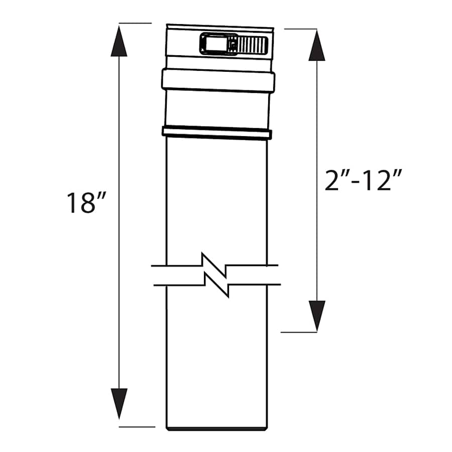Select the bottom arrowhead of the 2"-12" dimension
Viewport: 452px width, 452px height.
point(316,315)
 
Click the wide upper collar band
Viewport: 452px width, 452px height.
point(218,80)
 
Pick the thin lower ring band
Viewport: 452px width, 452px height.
point(217,133)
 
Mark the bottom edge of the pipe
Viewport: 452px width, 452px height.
point(216,428)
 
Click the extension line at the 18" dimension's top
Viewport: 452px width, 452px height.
point(135,23)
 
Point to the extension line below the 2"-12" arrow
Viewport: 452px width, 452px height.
point(298,332)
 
